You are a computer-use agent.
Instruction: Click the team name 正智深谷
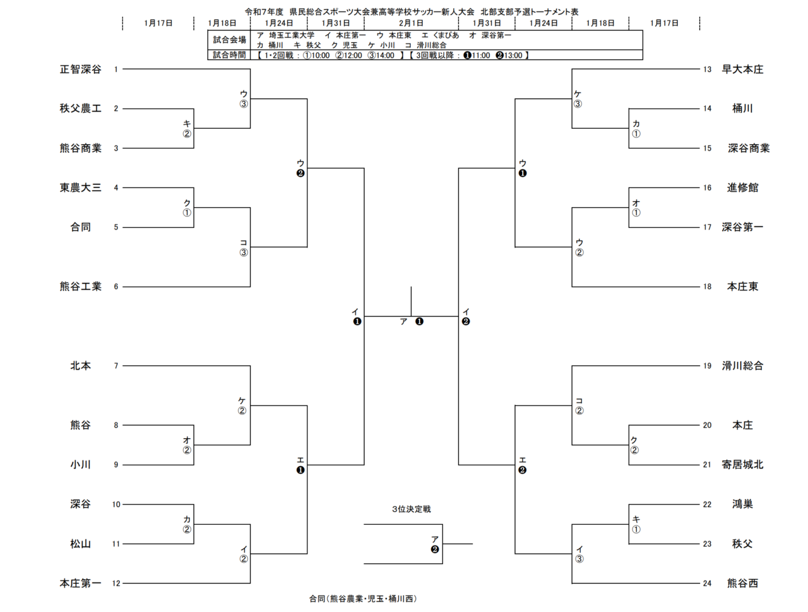pos(80,69)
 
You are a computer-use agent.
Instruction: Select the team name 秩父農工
pos(80,109)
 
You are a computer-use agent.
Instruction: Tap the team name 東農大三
pos(80,188)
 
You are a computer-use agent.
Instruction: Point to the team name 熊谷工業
pos(80,287)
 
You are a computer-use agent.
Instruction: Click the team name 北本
pos(80,366)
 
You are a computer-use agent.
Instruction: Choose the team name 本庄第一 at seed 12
pos(80,584)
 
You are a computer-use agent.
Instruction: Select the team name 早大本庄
pos(742,69)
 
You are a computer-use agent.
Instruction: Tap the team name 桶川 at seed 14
pos(742,109)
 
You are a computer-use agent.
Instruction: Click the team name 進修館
pos(742,188)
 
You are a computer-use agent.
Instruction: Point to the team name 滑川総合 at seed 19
pos(742,366)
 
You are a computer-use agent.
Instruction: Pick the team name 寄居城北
pos(742,465)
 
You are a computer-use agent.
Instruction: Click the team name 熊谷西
pos(742,584)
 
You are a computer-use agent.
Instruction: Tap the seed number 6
pos(116,287)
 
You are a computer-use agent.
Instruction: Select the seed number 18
pos(707,287)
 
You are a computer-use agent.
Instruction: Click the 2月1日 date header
pos(411,23)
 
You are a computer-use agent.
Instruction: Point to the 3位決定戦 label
pos(411,509)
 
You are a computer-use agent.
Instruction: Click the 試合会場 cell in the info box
pos(229,40)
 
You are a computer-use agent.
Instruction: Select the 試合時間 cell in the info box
pos(229,55)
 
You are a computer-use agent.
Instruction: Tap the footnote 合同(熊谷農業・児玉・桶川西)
pos(363,599)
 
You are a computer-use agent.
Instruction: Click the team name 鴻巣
pos(742,505)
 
